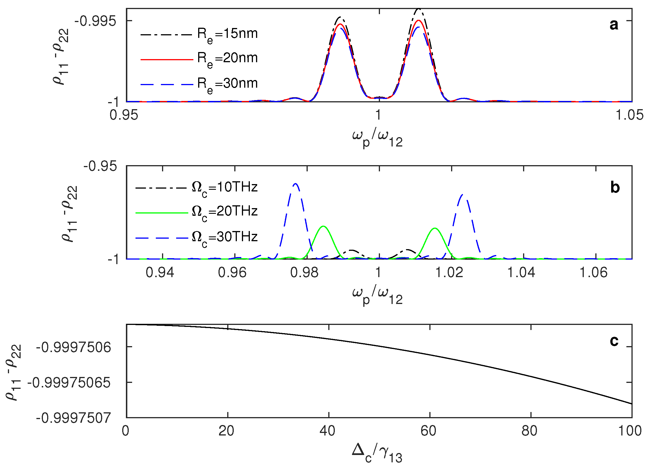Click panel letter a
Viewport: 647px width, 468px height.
614,25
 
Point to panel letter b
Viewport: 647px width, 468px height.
615,188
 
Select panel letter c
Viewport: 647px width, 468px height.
614,341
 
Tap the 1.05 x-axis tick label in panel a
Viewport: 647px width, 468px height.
629,115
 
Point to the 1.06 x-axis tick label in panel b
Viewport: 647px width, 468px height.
593,273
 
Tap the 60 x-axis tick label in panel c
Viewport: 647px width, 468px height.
428,431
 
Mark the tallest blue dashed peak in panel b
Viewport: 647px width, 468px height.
296,184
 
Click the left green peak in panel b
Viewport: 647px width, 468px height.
323,226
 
